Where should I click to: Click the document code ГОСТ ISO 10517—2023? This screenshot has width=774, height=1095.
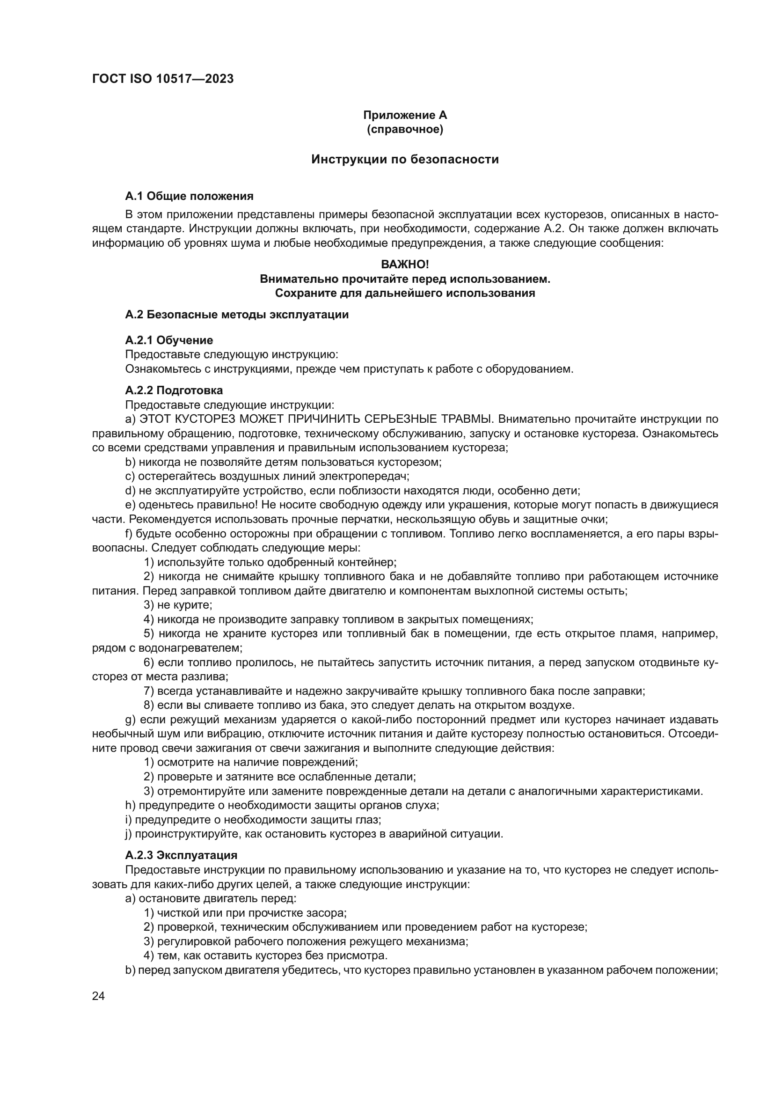click(x=162, y=79)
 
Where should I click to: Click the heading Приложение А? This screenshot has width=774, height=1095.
click(x=405, y=115)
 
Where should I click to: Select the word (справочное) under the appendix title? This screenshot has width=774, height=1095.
click(x=405, y=129)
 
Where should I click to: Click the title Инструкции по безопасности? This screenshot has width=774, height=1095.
click(x=405, y=159)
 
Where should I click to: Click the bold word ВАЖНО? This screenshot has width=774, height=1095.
click(x=405, y=264)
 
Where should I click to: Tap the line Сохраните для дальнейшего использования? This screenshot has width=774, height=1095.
click(x=405, y=293)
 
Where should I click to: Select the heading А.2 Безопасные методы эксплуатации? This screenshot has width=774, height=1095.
click(x=236, y=315)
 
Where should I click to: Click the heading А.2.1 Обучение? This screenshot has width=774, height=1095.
click(x=169, y=340)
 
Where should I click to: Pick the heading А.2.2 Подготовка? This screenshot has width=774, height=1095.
click(x=174, y=390)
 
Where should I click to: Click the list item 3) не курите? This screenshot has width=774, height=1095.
click(x=178, y=605)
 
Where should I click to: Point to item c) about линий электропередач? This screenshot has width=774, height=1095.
click(x=267, y=476)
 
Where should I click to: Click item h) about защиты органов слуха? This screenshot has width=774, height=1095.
click(x=282, y=805)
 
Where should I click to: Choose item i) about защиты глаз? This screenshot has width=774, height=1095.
click(x=253, y=819)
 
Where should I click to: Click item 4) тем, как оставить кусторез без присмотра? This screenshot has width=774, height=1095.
click(x=265, y=956)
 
